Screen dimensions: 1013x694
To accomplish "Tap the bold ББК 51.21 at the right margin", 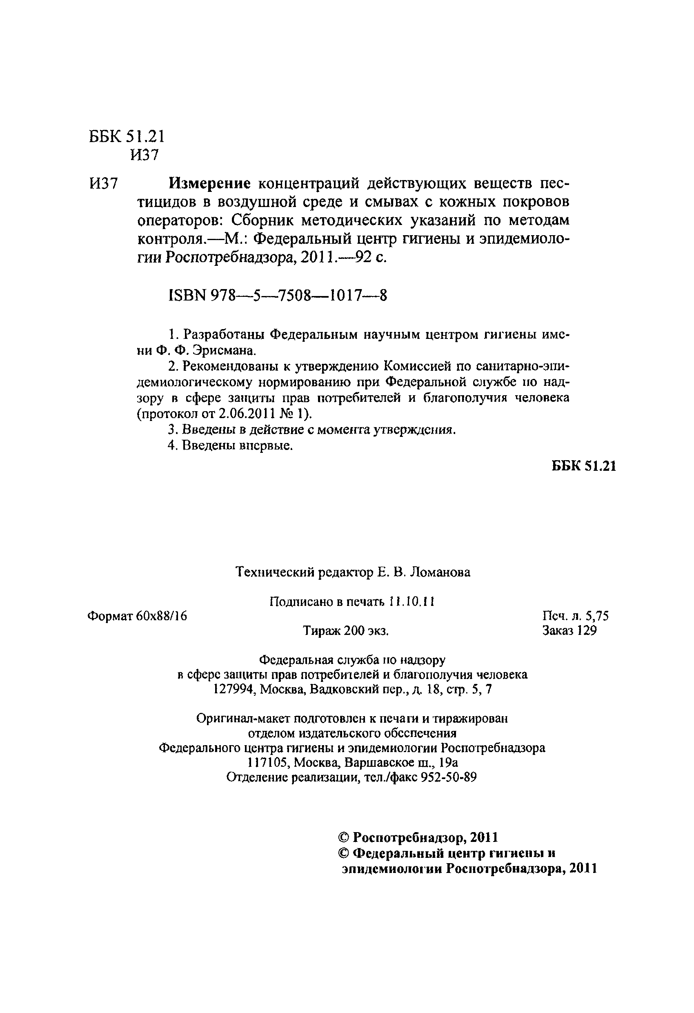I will pos(584,465).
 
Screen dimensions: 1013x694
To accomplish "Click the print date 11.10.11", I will pos(412,602).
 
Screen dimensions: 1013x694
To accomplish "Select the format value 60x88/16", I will pos(161,616).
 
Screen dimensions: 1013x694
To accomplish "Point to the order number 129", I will pos(586,630).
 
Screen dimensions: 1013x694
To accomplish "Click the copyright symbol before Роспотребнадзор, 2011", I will pos(344,837).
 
